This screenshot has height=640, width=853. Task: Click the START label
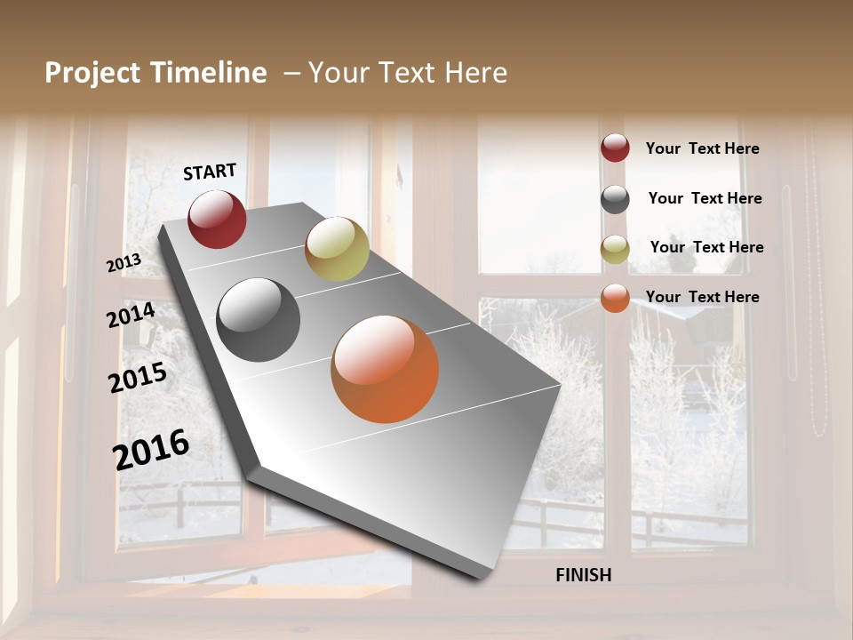(210, 172)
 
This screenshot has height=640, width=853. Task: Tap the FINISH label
(584, 575)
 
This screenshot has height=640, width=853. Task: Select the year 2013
(124, 263)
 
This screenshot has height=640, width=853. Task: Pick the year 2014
(132, 315)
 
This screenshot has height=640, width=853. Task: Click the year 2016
(151, 449)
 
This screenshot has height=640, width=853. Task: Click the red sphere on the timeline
(217, 219)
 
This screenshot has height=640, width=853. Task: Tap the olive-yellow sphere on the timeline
(337, 249)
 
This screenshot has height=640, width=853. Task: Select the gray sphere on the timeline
(259, 320)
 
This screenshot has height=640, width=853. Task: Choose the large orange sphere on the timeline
(385, 369)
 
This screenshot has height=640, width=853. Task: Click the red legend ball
(615, 148)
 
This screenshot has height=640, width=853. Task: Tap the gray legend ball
(615, 199)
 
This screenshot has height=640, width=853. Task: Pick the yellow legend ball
(615, 249)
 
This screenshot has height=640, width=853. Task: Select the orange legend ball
(615, 298)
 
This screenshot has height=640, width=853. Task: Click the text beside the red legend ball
(702, 148)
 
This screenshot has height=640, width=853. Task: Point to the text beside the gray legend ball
(705, 198)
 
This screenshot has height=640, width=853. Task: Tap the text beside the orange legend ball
(702, 297)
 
